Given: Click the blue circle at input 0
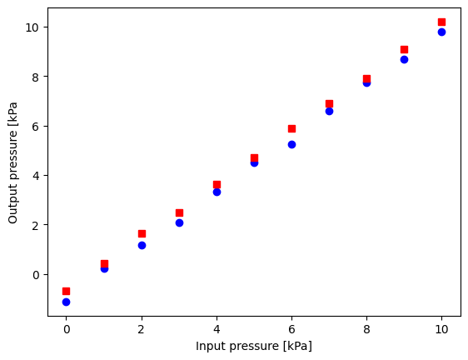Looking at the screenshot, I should click(66, 302).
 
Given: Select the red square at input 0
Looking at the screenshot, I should click(66, 291).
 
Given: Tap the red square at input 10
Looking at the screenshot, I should click(441, 22).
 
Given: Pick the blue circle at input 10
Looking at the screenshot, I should click(441, 32).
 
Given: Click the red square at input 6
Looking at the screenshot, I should click(291, 128).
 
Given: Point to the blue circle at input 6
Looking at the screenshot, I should click(291, 144).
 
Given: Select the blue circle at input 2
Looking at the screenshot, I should click(142, 245).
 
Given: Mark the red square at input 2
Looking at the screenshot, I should click(142, 233).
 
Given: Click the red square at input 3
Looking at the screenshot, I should click(179, 212).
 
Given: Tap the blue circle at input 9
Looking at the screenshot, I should click(404, 59).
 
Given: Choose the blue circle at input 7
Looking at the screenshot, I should click(329, 111).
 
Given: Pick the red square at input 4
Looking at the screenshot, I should click(217, 184).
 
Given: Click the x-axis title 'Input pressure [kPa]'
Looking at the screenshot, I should click(254, 346).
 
